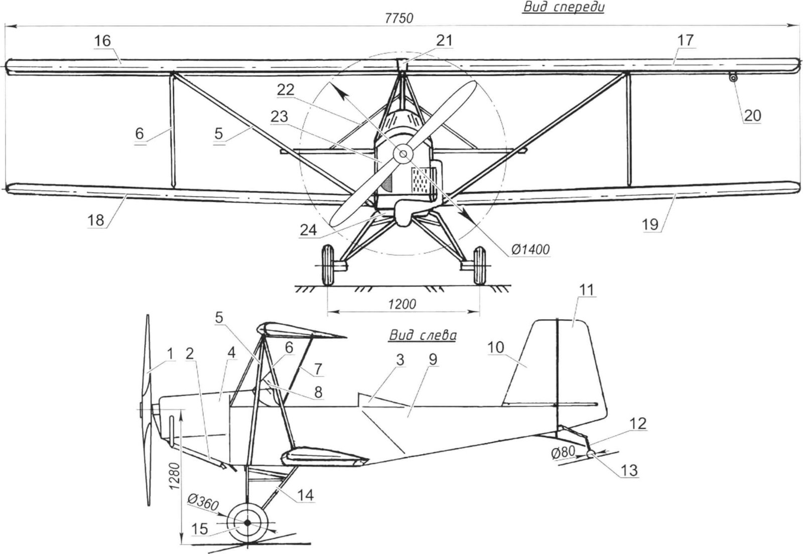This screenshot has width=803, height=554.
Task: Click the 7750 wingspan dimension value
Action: [x=399, y=19]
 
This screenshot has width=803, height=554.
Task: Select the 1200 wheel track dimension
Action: [x=402, y=304]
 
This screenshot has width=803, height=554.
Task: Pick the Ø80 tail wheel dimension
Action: [x=563, y=452]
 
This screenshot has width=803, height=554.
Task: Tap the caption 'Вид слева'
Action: [x=422, y=335]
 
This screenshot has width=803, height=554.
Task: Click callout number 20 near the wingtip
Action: [x=752, y=115]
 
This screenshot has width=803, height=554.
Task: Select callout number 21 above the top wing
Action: [x=444, y=40]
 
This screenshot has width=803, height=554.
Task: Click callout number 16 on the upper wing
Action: [x=102, y=40]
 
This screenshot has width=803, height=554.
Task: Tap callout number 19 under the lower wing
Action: [x=650, y=224]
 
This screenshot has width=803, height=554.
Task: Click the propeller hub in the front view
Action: [x=402, y=155]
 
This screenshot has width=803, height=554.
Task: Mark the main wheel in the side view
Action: [x=247, y=523]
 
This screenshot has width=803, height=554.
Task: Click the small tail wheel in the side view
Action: [x=591, y=454]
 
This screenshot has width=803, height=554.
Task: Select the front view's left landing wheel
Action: [x=327, y=264]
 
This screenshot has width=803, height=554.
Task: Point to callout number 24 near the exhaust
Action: [x=308, y=229]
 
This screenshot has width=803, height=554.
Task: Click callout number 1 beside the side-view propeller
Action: [x=170, y=353]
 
